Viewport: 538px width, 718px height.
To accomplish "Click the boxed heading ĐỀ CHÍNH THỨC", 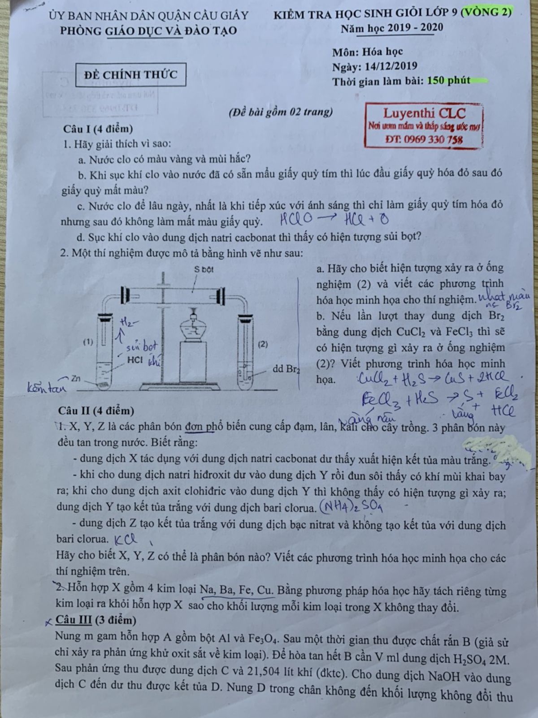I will coord(131,75).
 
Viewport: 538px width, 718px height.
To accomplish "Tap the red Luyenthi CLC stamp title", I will coord(424,113).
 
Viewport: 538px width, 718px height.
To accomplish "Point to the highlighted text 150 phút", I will coord(449,81).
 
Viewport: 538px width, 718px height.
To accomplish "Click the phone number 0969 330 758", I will coord(430,140).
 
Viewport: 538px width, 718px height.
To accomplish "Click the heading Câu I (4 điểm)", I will coord(98,129).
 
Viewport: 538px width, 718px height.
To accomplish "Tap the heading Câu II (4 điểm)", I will coord(96,411).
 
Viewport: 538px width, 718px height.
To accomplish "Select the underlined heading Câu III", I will coord(74,620).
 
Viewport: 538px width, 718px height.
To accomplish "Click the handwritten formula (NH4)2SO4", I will coord(351,507).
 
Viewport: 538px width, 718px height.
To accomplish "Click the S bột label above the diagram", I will coord(204,270).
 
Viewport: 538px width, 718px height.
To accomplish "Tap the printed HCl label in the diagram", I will coord(135,360).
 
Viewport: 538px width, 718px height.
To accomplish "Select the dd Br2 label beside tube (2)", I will coord(286,369).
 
